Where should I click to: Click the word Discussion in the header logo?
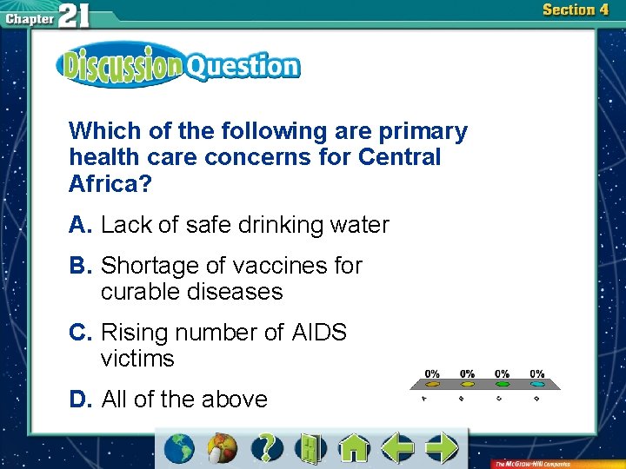coord(120,65)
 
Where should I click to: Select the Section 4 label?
coord(575,10)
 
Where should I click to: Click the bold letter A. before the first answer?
coord(81,225)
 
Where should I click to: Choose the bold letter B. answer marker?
coord(81,266)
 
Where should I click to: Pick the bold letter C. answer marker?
coord(81,333)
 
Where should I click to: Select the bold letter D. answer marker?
coord(81,400)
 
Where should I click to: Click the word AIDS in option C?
coord(319,333)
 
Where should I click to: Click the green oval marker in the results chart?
coord(503,383)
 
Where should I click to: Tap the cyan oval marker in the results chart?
coord(537,383)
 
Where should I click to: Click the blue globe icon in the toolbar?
coord(178,448)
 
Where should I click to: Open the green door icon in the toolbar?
coord(309,448)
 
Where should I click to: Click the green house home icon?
coord(354,448)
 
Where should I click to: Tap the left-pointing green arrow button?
coord(398,448)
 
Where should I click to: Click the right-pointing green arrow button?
coord(443,448)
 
